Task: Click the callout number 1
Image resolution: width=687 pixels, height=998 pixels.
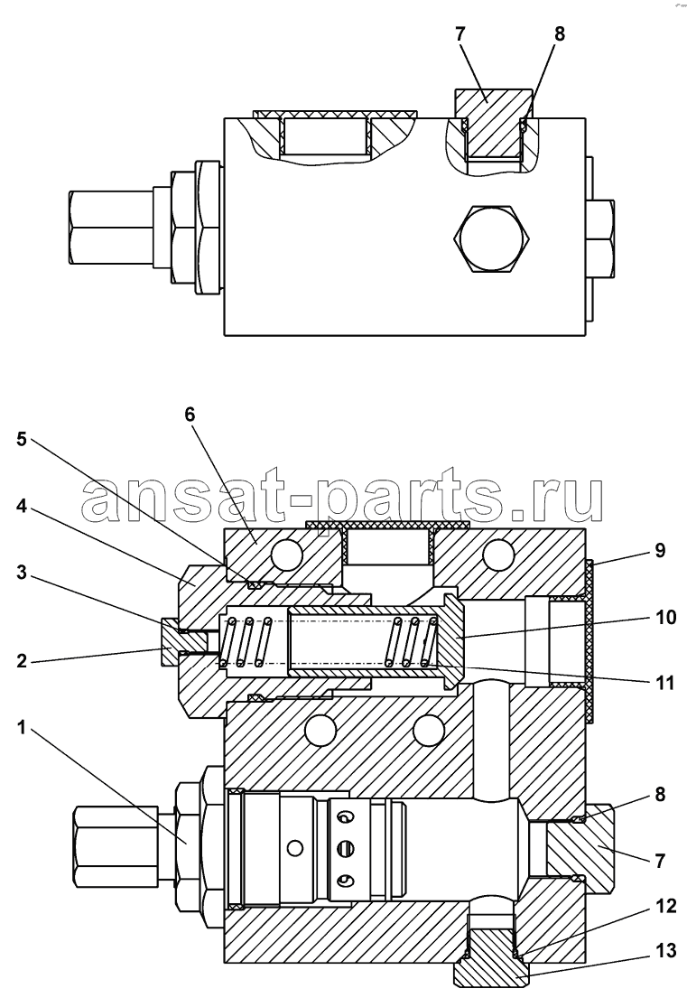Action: pyautogui.click(x=21, y=727)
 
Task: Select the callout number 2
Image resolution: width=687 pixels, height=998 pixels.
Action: pyautogui.click(x=22, y=660)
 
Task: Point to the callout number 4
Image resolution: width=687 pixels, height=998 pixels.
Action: pyautogui.click(x=22, y=508)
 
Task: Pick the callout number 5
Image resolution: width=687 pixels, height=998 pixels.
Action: pyautogui.click(x=22, y=439)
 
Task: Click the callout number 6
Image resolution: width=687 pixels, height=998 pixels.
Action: pyautogui.click(x=190, y=415)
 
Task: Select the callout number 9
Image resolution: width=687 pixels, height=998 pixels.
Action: pyautogui.click(x=660, y=551)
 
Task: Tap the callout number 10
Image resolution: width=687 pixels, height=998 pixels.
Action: pyautogui.click(x=665, y=618)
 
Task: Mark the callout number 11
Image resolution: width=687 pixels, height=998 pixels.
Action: pyautogui.click(x=664, y=684)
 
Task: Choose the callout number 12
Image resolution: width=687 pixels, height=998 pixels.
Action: pyautogui.click(x=665, y=906)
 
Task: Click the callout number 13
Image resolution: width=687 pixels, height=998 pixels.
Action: pyautogui.click(x=665, y=952)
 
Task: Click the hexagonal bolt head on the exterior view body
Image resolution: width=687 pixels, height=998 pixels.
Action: pyautogui.click(x=491, y=239)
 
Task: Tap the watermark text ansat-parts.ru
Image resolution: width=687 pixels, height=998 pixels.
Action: pyautogui.click(x=341, y=493)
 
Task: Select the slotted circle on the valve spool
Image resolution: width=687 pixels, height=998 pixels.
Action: pyautogui.click(x=346, y=848)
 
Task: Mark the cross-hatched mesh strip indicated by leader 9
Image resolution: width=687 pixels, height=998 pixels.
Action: pyautogui.click(x=589, y=641)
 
